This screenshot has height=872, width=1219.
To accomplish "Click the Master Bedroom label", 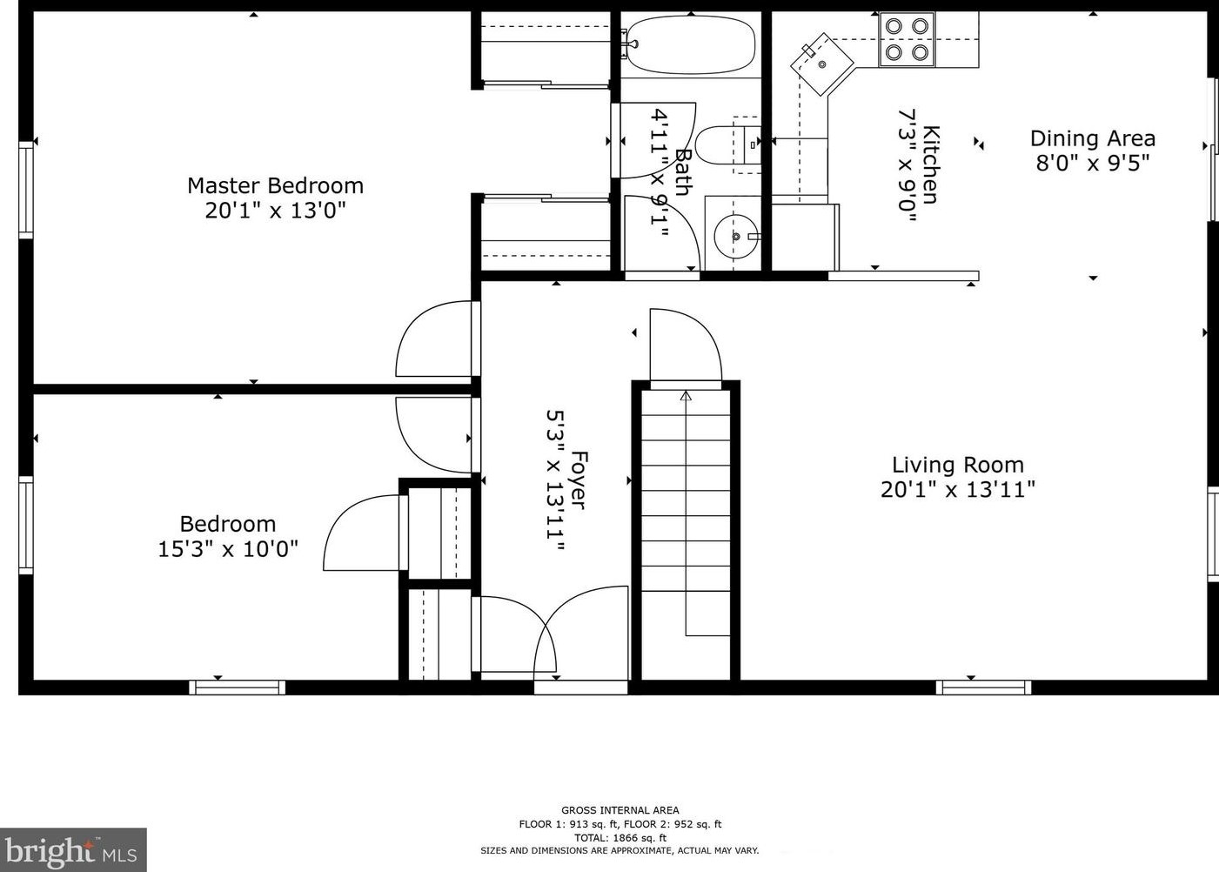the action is pos(275,185).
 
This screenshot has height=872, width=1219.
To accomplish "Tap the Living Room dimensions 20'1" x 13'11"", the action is pos(958,490).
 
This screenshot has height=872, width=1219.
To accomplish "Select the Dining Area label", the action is pos(1093,138).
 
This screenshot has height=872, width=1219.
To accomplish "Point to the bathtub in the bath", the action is pos(691,44).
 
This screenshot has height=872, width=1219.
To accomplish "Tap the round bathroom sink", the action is pos(736,236).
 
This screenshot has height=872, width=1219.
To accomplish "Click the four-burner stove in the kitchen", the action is pos(907,40).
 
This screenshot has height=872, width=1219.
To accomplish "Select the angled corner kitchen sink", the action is pos(821,64).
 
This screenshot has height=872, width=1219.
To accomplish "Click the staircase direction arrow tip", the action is pos(686,392).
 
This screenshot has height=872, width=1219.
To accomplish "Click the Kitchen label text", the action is pos(931,164).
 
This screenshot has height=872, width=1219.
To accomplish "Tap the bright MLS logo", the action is pos(73,850).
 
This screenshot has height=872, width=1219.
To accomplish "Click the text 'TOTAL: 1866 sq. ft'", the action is pos(620,838).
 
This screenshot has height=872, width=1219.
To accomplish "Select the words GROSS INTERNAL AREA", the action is pos(620,810).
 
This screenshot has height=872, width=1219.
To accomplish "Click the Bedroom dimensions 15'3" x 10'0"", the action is pos(228,548).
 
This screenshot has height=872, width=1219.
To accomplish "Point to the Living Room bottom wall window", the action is pos(984,688).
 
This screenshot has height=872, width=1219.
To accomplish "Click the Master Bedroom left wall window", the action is pos(26,190).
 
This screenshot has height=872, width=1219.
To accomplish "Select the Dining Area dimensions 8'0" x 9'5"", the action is pos(1093,163).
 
